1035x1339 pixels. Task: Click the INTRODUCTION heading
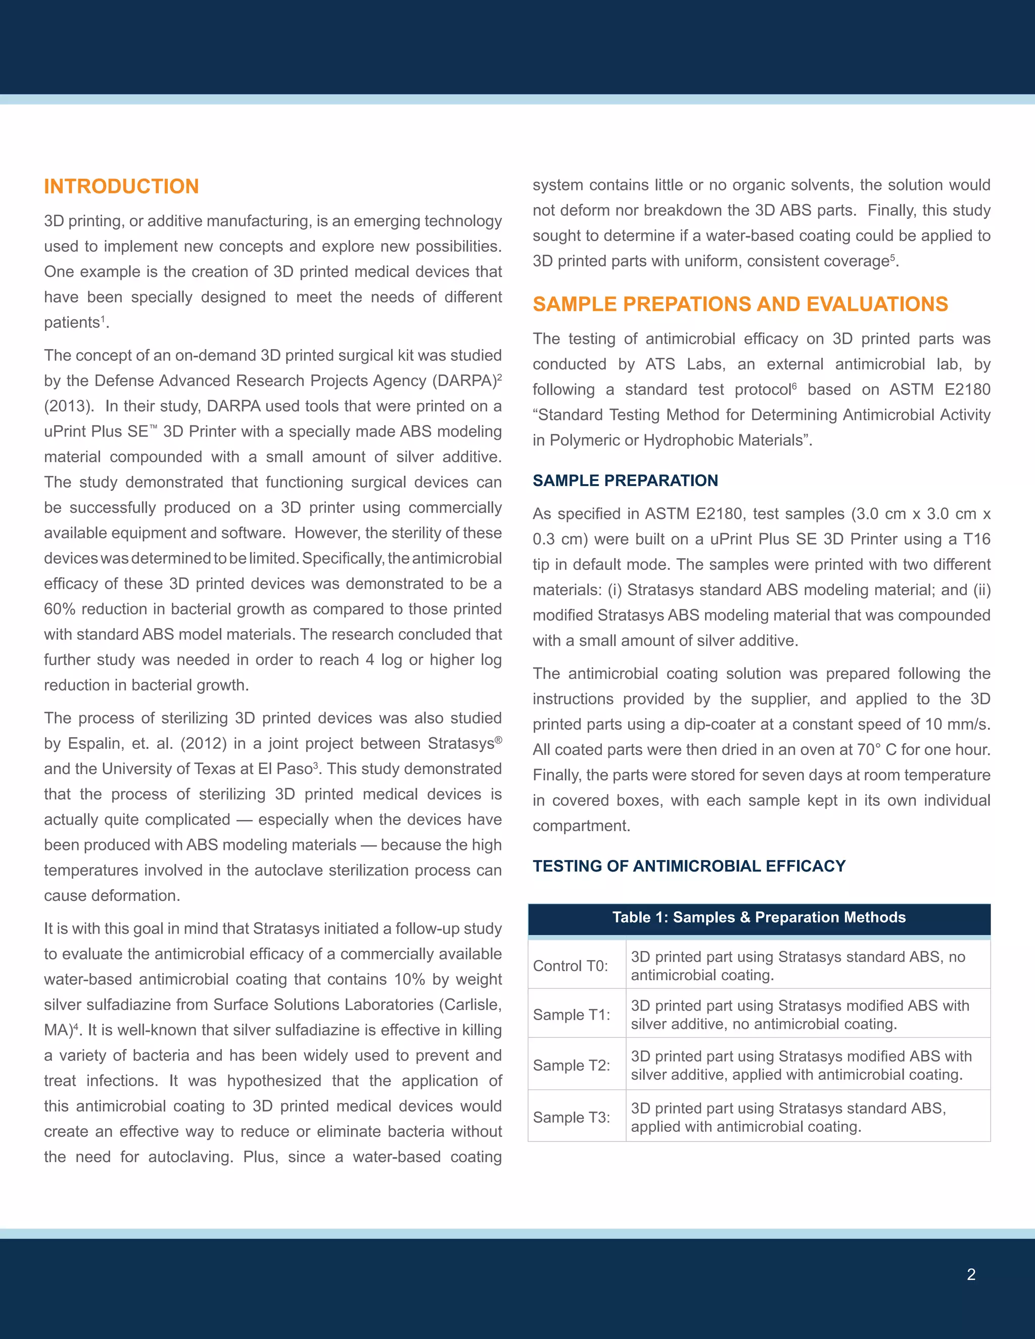[x=121, y=186]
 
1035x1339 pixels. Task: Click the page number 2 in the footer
[x=971, y=1275]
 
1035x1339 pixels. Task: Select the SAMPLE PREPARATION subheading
[x=625, y=480]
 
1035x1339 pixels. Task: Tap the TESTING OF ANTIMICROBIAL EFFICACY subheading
[x=689, y=866]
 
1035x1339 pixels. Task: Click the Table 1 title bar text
[x=759, y=917]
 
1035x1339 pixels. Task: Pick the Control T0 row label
[x=570, y=966]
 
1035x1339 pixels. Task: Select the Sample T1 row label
[x=571, y=1015]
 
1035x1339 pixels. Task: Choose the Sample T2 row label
[x=571, y=1065]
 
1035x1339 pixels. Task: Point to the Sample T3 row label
[x=571, y=1117]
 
